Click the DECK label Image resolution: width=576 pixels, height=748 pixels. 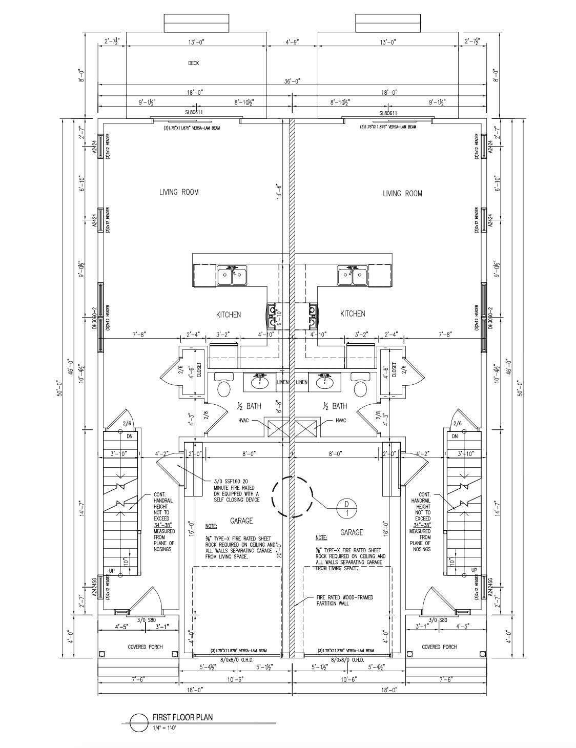(x=193, y=64)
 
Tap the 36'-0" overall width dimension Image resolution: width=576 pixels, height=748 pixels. (x=292, y=81)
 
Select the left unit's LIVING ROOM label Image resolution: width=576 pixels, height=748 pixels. (x=179, y=192)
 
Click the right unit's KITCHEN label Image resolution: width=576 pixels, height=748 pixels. (x=353, y=314)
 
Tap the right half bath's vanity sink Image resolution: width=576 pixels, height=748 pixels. (x=323, y=381)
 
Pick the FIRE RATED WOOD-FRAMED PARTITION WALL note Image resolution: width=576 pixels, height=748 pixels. (x=344, y=600)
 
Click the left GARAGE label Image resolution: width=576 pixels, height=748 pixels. (x=241, y=521)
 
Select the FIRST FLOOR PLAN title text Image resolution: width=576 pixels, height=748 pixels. (x=182, y=717)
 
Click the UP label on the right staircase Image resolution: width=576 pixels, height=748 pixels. (x=474, y=570)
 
